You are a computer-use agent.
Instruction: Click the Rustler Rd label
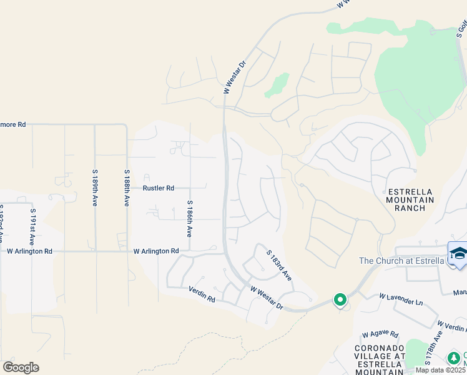click(158, 187)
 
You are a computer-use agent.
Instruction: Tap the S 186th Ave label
click(189, 218)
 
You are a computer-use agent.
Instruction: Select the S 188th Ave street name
click(126, 188)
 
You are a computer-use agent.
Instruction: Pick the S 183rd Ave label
click(279, 265)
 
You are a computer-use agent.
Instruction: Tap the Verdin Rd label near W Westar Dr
click(202, 291)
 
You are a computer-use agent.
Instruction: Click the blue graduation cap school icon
click(458, 254)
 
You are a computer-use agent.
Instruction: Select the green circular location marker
click(340, 300)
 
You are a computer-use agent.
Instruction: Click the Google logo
click(21, 367)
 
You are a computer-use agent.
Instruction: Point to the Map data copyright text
click(441, 370)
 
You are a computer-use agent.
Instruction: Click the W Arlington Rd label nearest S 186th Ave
click(156, 251)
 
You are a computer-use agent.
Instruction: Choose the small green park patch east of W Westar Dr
click(277, 85)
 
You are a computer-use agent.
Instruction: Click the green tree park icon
click(455, 358)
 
